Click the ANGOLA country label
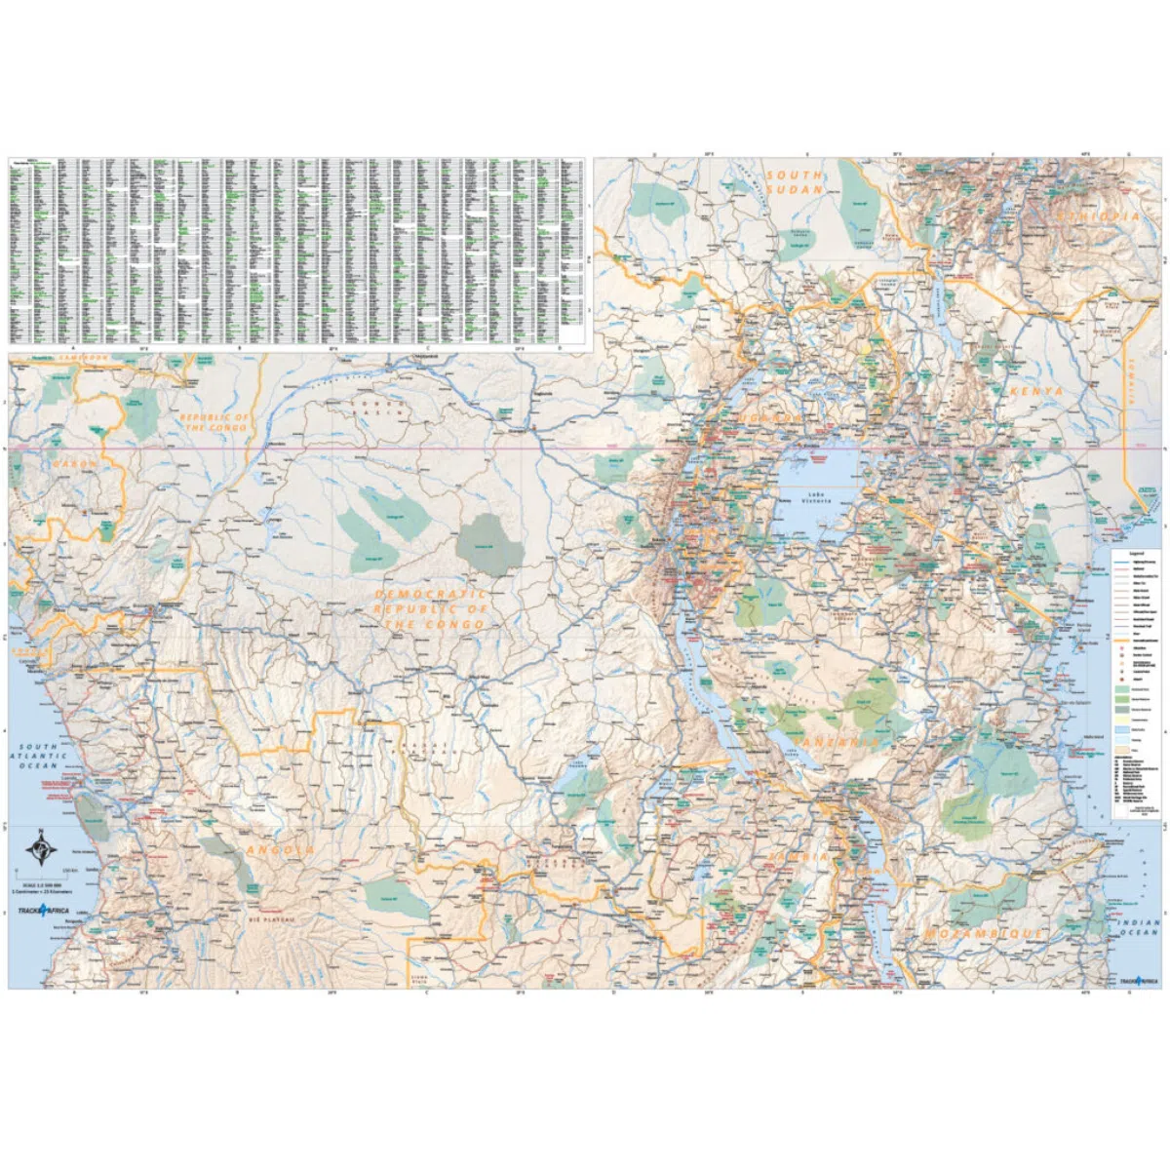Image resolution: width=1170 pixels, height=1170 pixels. tap(281, 850)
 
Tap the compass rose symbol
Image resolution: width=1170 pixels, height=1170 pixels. tap(40, 847)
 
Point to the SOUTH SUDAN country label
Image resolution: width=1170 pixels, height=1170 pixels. tap(795, 182)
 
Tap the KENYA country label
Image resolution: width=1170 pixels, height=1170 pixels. tap(1036, 390)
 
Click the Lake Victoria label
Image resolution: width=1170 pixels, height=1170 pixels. tap(816, 497)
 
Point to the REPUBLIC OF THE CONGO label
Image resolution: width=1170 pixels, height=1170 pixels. tap(214, 422)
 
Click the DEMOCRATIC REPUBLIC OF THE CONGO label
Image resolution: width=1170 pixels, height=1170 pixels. tap(429, 608)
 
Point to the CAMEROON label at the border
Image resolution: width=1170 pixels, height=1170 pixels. tap(83, 358)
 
